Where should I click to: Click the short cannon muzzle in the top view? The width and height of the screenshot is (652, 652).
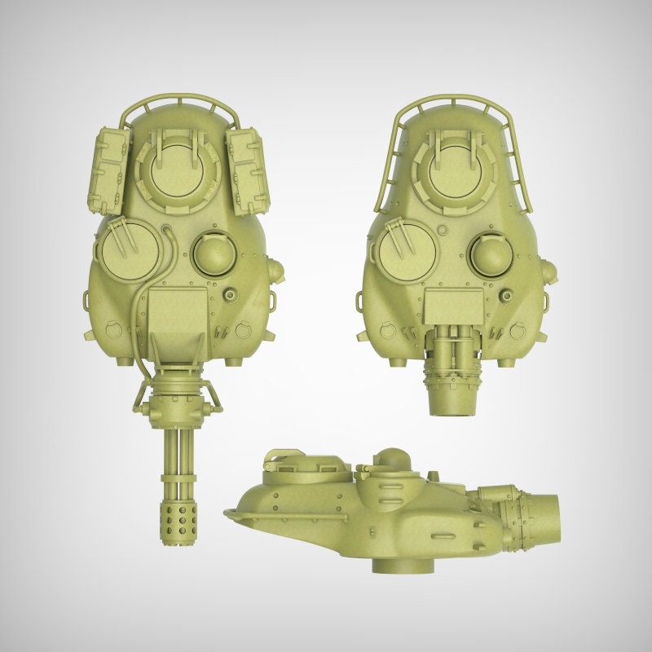click(x=452, y=399)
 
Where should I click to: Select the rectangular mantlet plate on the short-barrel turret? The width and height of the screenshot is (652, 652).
click(x=453, y=308)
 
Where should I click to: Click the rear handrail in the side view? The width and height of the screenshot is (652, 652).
click(x=244, y=513)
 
